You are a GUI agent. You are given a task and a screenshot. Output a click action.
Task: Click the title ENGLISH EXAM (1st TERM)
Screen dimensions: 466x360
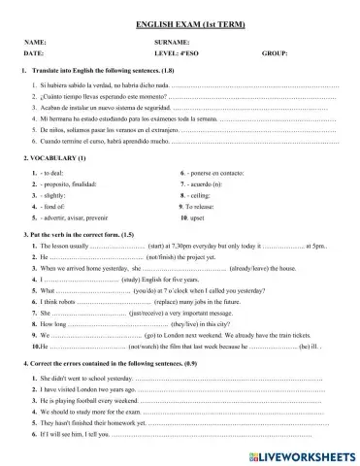coord(180,22)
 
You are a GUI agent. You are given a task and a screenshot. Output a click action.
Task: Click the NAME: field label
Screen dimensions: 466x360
coord(35,44)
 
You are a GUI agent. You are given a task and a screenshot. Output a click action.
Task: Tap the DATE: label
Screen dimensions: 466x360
coord(34,54)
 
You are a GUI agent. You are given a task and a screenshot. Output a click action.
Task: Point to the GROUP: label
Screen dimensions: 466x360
coord(276,54)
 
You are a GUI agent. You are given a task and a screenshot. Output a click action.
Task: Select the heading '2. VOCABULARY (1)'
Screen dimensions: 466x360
coord(54,157)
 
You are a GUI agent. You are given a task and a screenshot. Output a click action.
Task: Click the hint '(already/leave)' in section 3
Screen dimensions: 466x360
coord(255,269)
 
